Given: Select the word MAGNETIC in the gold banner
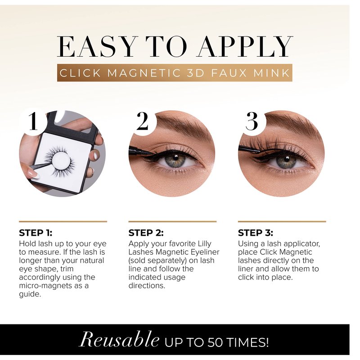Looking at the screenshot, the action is (144, 73).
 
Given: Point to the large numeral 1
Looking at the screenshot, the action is (33, 121).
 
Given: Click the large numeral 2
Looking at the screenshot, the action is (142, 121).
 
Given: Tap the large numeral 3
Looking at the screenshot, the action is (252, 121).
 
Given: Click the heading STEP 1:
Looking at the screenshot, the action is (36, 233).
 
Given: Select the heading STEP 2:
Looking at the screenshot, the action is (146, 233).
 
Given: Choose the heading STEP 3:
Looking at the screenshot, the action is (256, 233).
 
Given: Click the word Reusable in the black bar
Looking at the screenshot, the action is (119, 340).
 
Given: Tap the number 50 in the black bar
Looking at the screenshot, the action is (215, 342).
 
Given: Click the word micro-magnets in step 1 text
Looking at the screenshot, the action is (45, 286).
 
